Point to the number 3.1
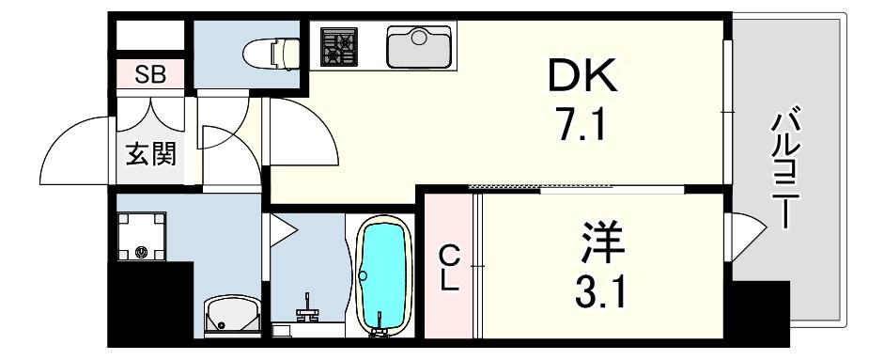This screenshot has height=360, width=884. click(600, 291)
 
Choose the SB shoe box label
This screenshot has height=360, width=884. click(150, 74)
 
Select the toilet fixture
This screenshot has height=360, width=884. click(271, 54)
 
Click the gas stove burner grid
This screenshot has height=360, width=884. click(339, 46)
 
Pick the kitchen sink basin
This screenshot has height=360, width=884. click(418, 47)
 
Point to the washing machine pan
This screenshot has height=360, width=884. click(141, 237)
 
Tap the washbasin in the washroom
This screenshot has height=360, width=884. click(232, 317)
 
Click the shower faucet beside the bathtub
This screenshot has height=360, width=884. click(306, 310)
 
